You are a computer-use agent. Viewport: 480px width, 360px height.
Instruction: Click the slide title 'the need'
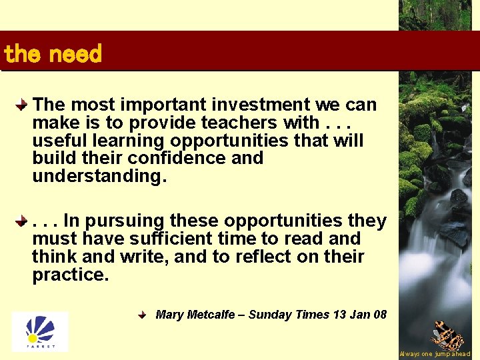[53, 54]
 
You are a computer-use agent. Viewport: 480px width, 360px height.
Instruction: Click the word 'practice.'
[70, 275]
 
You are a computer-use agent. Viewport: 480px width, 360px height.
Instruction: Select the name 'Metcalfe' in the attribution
[211, 315]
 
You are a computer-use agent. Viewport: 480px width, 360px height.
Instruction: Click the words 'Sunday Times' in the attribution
[288, 315]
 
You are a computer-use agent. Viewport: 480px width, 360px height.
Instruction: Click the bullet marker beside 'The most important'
[22, 105]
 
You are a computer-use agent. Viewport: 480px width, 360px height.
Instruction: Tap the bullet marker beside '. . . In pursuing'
[22, 220]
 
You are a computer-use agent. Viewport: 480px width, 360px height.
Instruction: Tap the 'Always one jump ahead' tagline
[435, 354]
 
